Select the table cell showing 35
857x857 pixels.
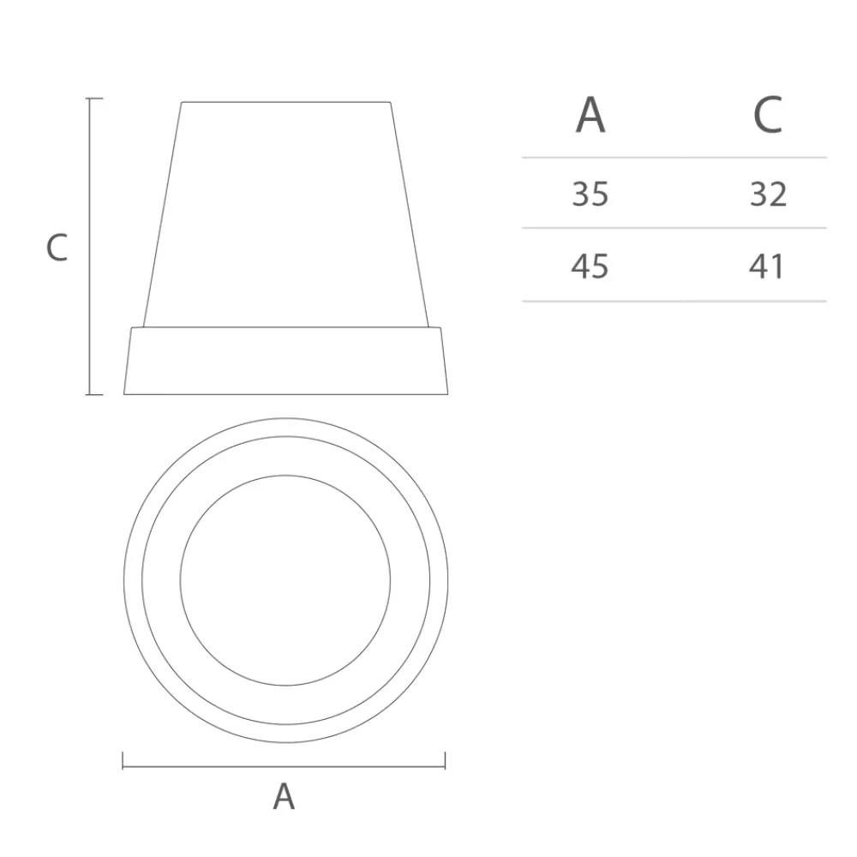[x=590, y=195]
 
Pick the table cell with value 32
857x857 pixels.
[x=768, y=195]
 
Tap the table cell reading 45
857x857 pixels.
[x=590, y=267]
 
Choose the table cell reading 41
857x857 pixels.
[x=767, y=267]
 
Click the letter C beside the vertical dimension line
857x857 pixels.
[x=57, y=248]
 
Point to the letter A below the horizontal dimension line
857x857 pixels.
[x=284, y=797]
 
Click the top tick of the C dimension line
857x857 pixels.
[x=94, y=99]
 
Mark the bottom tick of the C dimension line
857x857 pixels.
[x=94, y=394]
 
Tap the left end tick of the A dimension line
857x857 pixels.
[x=123, y=760]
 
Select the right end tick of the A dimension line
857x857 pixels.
[x=446, y=760]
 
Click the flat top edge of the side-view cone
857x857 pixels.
[x=285, y=103]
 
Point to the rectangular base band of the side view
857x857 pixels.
[x=285, y=361]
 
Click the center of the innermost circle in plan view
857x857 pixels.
[x=285, y=580]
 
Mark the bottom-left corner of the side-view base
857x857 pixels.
[x=124, y=394]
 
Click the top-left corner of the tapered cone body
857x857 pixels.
[x=182, y=103]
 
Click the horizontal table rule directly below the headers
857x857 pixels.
[x=674, y=158]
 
